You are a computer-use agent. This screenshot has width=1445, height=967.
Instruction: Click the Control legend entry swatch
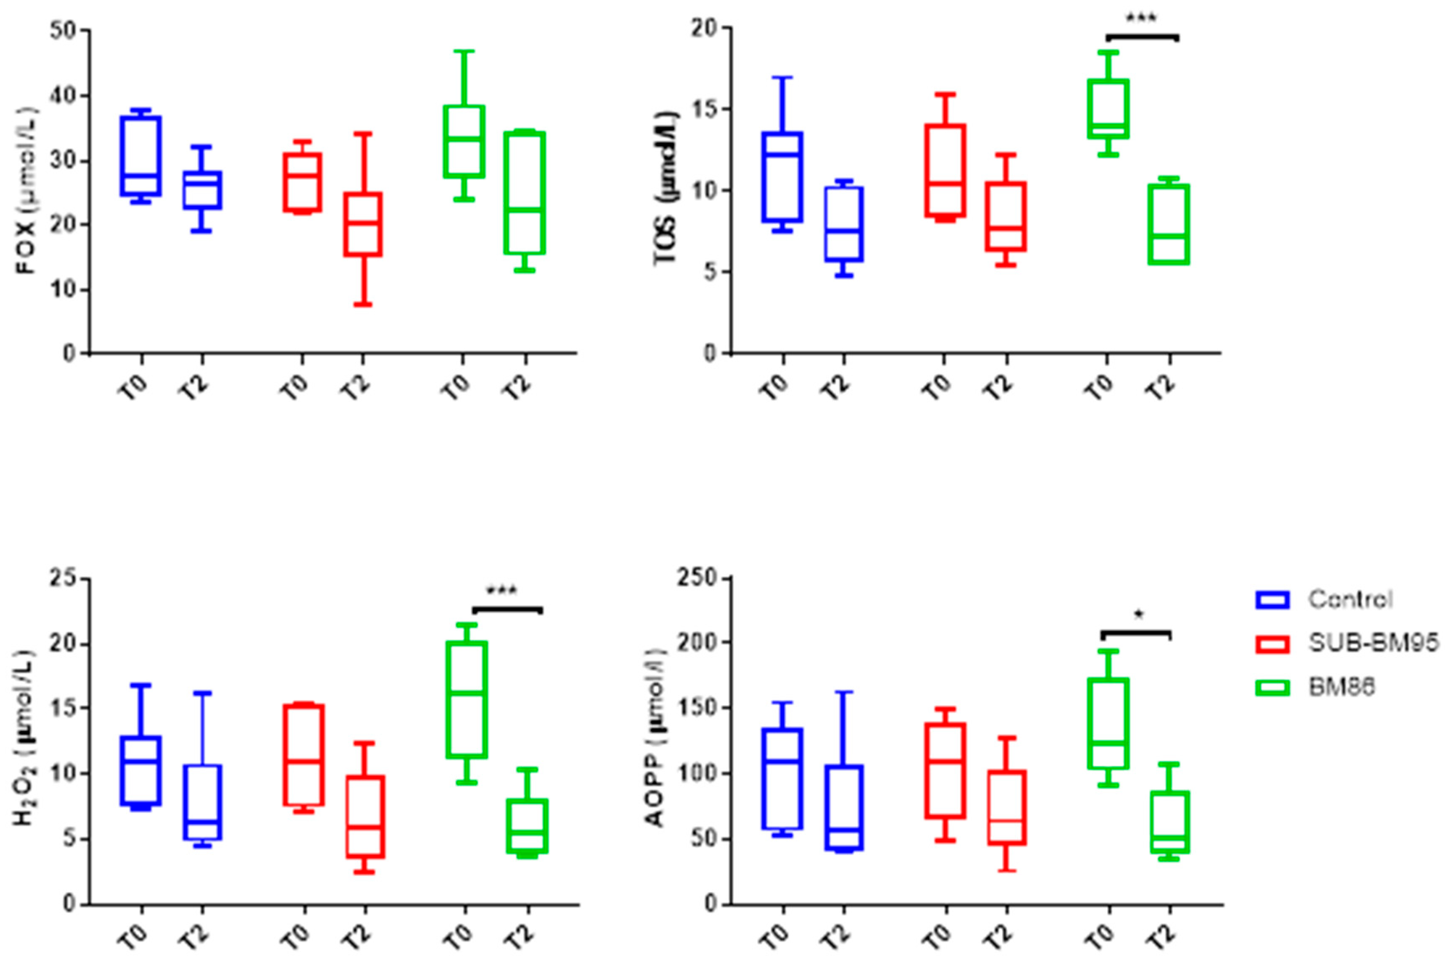click(1272, 600)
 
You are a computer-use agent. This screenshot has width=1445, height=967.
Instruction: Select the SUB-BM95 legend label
click(1373, 643)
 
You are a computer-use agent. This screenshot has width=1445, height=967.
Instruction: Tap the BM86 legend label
click(1342, 687)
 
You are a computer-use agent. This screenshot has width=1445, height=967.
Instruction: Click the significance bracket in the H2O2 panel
click(507, 609)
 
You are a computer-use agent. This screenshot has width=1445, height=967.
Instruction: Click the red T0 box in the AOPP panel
click(945, 771)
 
